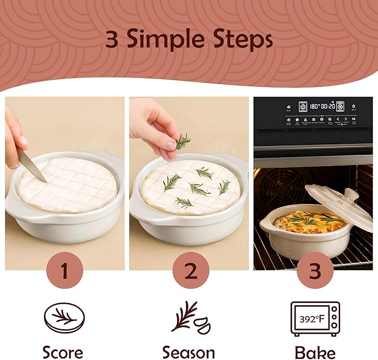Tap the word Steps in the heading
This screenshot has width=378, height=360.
243,40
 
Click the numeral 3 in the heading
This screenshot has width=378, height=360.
114,40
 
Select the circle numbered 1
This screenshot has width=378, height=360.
65,271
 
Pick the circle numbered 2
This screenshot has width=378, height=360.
190,271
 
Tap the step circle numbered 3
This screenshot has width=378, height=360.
315,271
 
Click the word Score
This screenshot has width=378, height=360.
63,352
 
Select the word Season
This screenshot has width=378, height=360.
189,352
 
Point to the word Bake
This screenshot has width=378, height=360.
315,352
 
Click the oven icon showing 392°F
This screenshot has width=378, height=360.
315,319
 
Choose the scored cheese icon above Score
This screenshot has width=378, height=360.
64,318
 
